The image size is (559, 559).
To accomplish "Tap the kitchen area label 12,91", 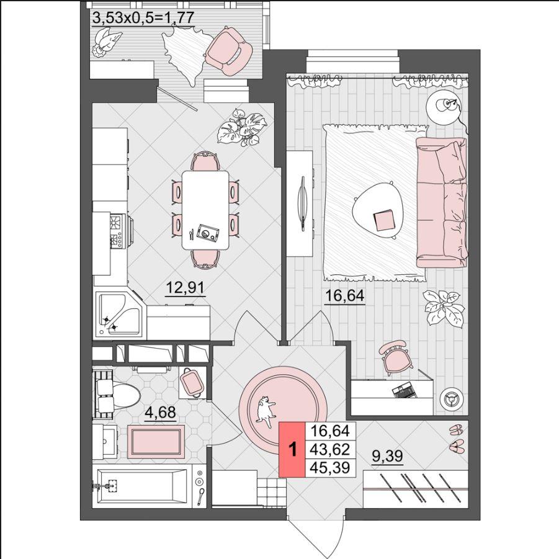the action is point(186,287).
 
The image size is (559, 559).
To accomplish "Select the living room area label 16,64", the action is point(344,296).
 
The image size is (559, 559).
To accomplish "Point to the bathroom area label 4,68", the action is point(161,412).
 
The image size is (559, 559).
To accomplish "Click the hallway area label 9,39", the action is point(387,456).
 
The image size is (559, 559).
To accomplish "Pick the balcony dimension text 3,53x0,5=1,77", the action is point(143,18).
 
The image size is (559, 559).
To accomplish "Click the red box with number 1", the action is point(292,450).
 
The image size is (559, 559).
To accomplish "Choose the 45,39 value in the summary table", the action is point(330,467).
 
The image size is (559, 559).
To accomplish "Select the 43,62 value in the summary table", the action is point(330,450).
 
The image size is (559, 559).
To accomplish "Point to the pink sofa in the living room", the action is point(442,202).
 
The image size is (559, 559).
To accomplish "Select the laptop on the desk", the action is point(404,391).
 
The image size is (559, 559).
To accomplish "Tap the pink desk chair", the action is point(394,357).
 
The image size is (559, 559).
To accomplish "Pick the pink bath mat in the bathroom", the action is point(156,441).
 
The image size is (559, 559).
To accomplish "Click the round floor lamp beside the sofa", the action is point(444,106).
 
